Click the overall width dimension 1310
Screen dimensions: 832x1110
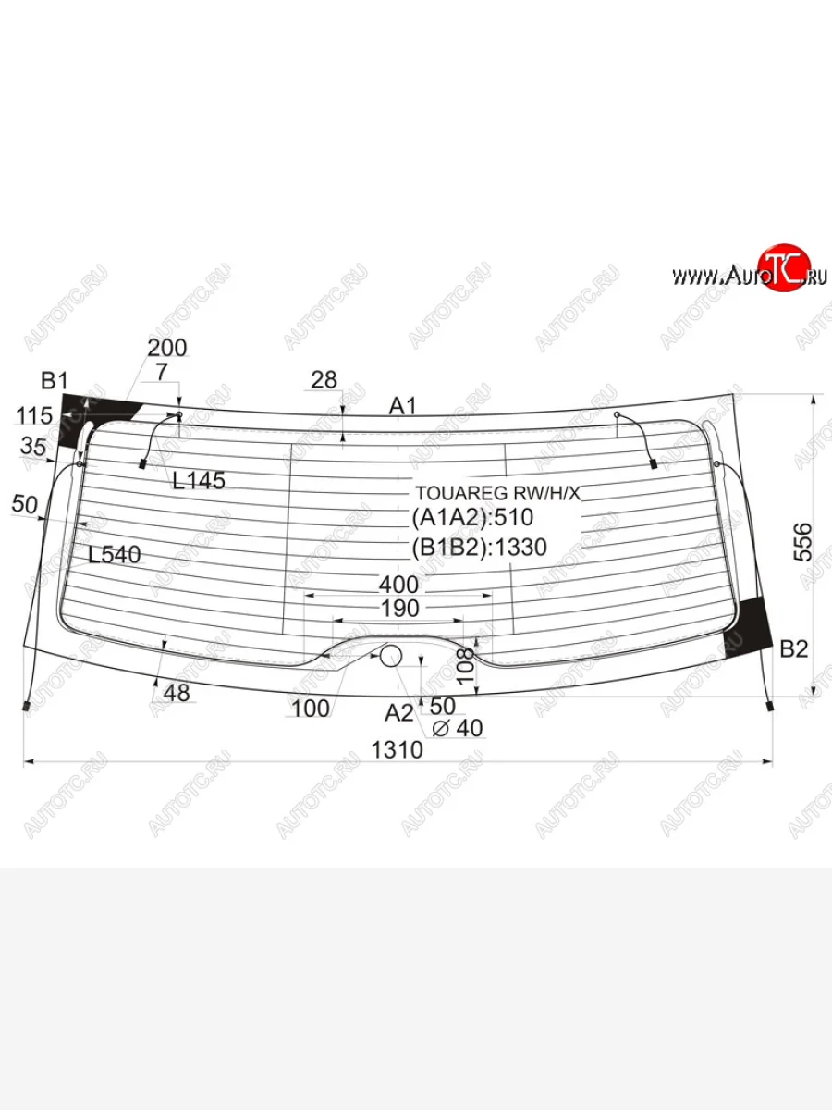tap(398, 749)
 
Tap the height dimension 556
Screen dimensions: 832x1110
tap(802, 542)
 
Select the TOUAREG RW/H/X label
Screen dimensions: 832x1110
tap(498, 493)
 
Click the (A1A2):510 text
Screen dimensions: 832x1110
tap(472, 517)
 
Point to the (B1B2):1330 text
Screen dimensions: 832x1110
tap(480, 548)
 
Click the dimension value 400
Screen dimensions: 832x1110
tap(398, 585)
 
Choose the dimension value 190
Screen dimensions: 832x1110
tap(399, 609)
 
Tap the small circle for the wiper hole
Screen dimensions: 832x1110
tap(390, 656)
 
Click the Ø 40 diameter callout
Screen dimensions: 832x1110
tap(458, 728)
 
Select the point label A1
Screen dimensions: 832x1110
tap(403, 406)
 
